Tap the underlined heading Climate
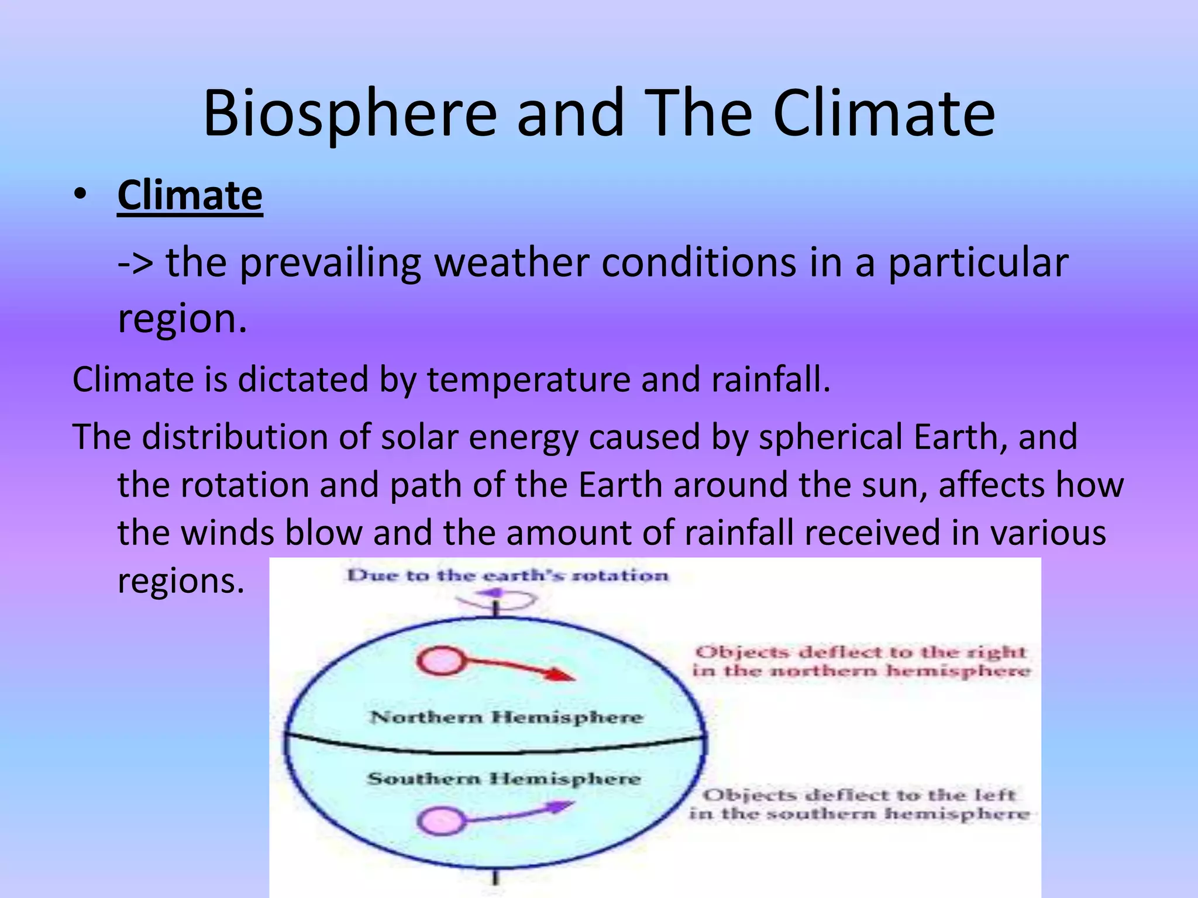click(x=190, y=196)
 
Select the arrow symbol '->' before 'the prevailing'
click(x=135, y=263)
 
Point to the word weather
click(x=511, y=263)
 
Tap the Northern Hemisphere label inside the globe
click(x=507, y=717)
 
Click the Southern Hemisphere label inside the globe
click(x=504, y=779)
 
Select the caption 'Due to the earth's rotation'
click(x=508, y=575)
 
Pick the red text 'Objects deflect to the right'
click(x=860, y=652)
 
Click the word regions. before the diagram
click(x=181, y=582)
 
